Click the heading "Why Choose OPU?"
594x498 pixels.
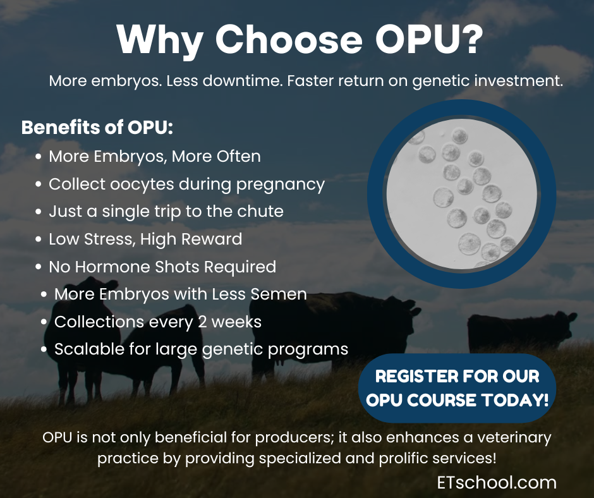pyautogui.click(x=300, y=40)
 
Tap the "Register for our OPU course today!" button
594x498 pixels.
pyautogui.click(x=457, y=388)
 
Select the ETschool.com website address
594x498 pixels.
pyautogui.click(x=497, y=483)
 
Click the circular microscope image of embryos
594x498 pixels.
pyautogui.click(x=461, y=194)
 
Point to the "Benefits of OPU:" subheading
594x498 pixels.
pyautogui.click(x=97, y=127)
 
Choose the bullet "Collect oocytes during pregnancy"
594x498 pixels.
pyautogui.click(x=186, y=185)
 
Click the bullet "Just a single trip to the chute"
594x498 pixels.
pyautogui.click(x=166, y=212)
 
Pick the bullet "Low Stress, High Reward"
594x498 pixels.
pyautogui.click(x=145, y=240)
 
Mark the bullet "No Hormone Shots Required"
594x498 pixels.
pyautogui.click(x=162, y=267)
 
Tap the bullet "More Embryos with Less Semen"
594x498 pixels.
pyautogui.click(x=180, y=294)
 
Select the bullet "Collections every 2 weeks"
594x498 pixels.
pyautogui.click(x=157, y=321)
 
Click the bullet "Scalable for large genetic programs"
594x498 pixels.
pyautogui.click(x=201, y=349)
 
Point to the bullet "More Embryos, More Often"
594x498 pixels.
pyautogui.click(x=154, y=157)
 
